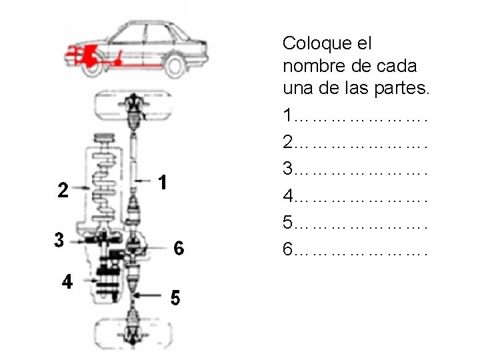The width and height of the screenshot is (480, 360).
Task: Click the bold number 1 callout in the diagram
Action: pos(163,183)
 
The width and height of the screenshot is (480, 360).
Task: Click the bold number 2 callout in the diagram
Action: pos(63,190)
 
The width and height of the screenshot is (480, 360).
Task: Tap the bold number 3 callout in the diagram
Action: pos(59,240)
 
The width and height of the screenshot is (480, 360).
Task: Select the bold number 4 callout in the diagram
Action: pos(67,281)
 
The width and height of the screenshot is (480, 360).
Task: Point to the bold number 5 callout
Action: pos(175,297)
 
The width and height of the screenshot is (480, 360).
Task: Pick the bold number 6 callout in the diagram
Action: pos(179,247)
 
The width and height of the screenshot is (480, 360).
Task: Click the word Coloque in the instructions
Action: pos(317,44)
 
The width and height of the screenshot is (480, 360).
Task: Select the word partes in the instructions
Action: pos(401,89)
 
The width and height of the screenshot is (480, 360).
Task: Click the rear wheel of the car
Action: pos(175,67)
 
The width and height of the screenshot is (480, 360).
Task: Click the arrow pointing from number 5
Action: pos(147,295)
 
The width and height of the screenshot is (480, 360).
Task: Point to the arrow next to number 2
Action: pos(81,187)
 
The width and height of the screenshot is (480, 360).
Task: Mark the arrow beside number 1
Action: pos(143,181)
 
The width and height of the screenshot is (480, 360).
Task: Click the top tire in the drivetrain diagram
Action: pos(133,105)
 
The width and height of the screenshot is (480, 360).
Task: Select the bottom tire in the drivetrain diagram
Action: pos(133,334)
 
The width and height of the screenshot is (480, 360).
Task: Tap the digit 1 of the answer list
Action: pos(288,115)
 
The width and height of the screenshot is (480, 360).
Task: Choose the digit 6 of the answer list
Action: pos(288,249)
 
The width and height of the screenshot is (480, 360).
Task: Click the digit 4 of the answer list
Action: pos(288,195)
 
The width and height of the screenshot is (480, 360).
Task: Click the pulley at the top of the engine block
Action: pos(105,138)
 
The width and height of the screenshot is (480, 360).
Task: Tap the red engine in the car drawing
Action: pos(90,56)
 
